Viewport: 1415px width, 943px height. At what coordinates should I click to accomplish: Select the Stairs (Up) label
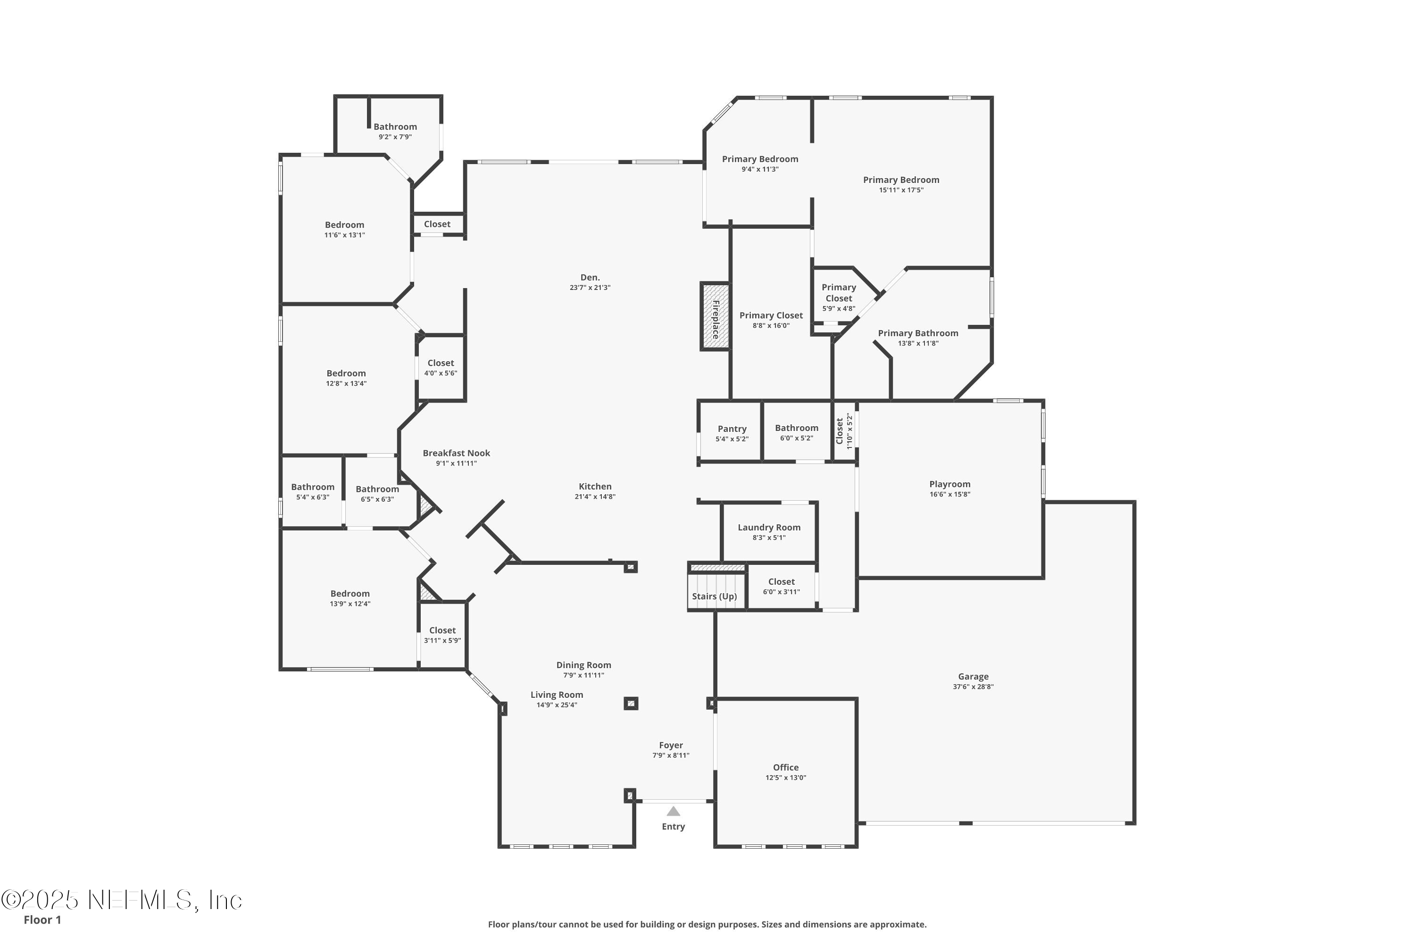(714, 596)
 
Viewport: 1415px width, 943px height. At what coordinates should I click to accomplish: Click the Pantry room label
(732, 429)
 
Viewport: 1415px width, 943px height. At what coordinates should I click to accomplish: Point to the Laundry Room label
(769, 528)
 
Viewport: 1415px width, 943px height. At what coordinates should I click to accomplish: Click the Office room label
(786, 768)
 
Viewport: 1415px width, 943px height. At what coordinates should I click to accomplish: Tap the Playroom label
(949, 484)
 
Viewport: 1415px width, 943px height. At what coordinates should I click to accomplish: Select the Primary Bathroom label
(917, 333)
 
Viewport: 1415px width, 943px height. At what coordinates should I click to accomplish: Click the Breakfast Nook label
(456, 453)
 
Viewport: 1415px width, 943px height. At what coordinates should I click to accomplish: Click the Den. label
(590, 277)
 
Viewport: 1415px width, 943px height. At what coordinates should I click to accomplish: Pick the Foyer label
(671, 745)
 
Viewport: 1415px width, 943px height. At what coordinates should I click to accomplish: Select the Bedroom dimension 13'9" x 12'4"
(350, 604)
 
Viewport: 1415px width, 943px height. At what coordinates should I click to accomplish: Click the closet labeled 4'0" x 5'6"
(441, 367)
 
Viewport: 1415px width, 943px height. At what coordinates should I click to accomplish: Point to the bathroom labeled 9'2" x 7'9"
(395, 131)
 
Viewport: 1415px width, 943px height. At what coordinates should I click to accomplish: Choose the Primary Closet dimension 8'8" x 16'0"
(771, 325)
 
